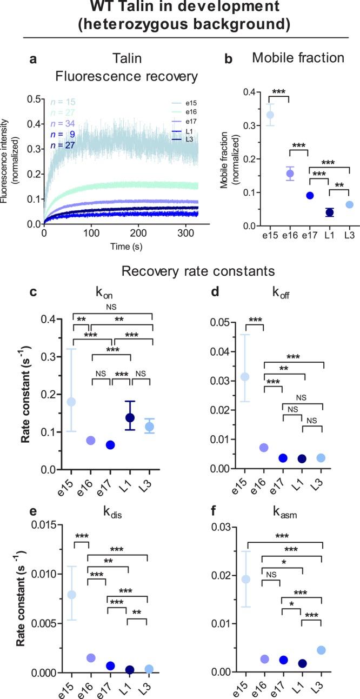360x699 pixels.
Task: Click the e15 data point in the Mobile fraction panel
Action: (x=270, y=115)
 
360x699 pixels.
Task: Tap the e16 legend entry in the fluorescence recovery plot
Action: (x=190, y=111)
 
